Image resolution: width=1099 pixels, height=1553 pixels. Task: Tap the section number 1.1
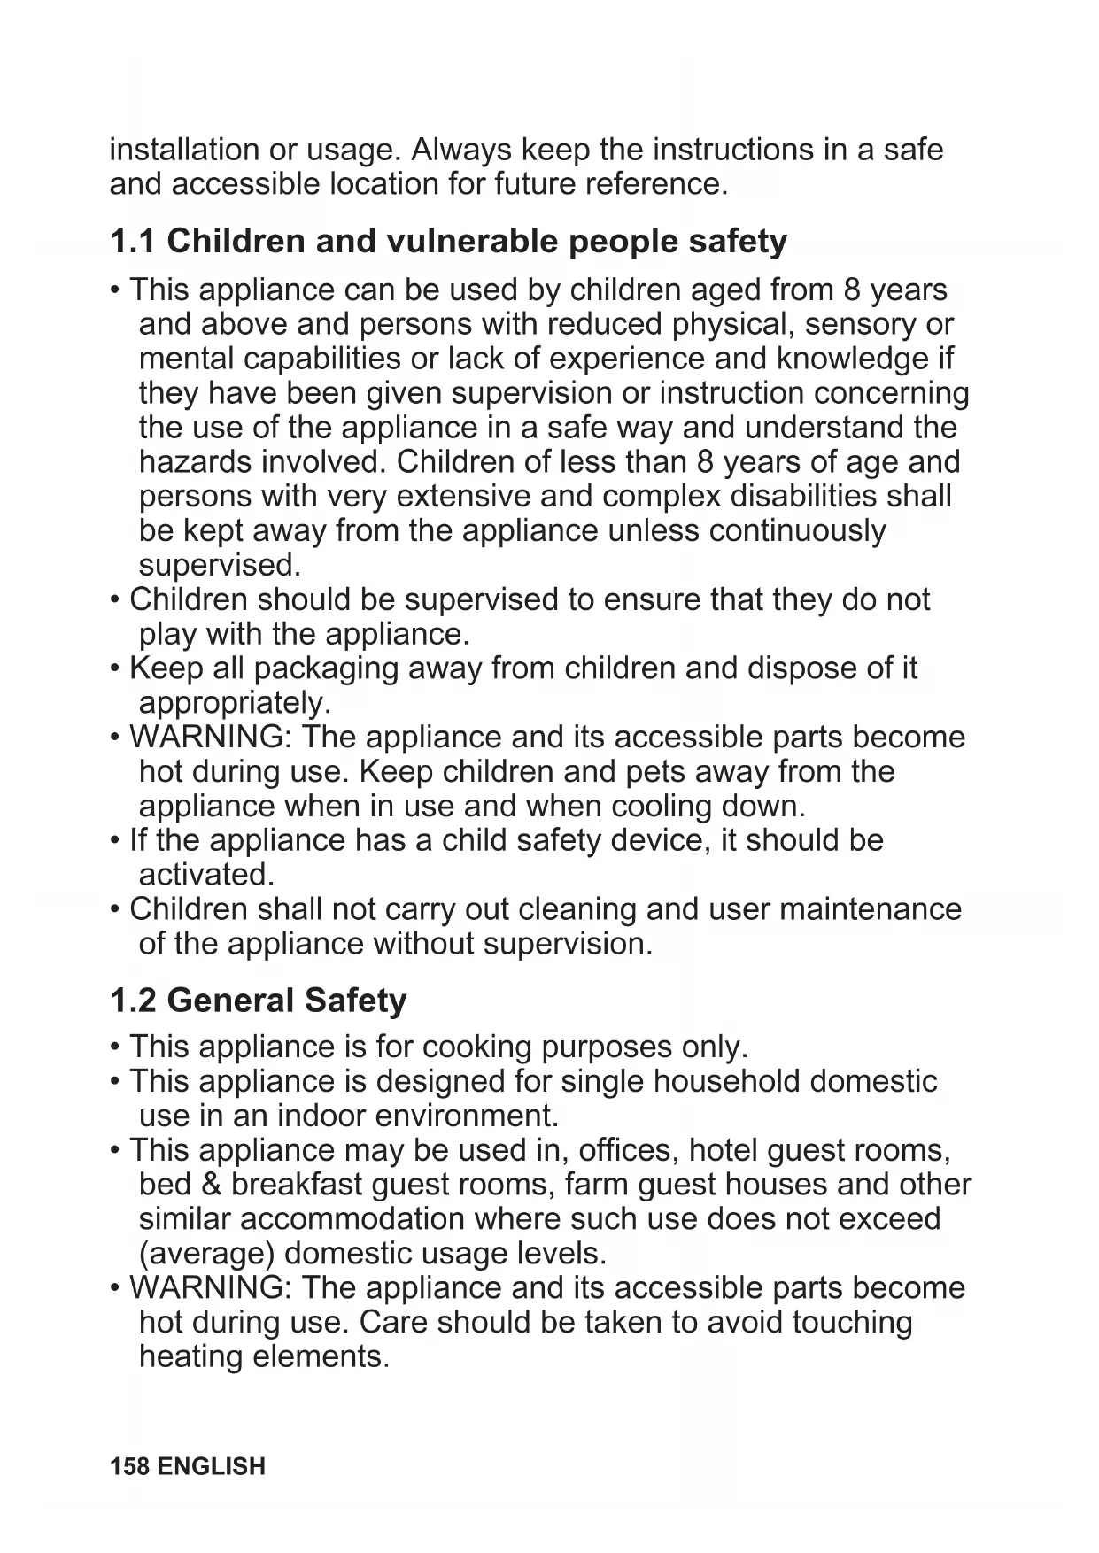[x=132, y=241]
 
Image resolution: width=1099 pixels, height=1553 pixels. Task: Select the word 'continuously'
[x=797, y=530]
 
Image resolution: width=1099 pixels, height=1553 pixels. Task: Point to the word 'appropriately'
[x=234, y=703]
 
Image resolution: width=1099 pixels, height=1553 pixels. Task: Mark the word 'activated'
[x=206, y=875]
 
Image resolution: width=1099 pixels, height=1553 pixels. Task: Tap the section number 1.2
[x=132, y=1001]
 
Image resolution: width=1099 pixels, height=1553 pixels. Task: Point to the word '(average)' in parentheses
[x=206, y=1254]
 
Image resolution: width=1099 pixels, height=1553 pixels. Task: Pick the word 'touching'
[x=852, y=1322]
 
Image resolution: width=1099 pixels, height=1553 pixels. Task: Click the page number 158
[x=129, y=1467]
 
